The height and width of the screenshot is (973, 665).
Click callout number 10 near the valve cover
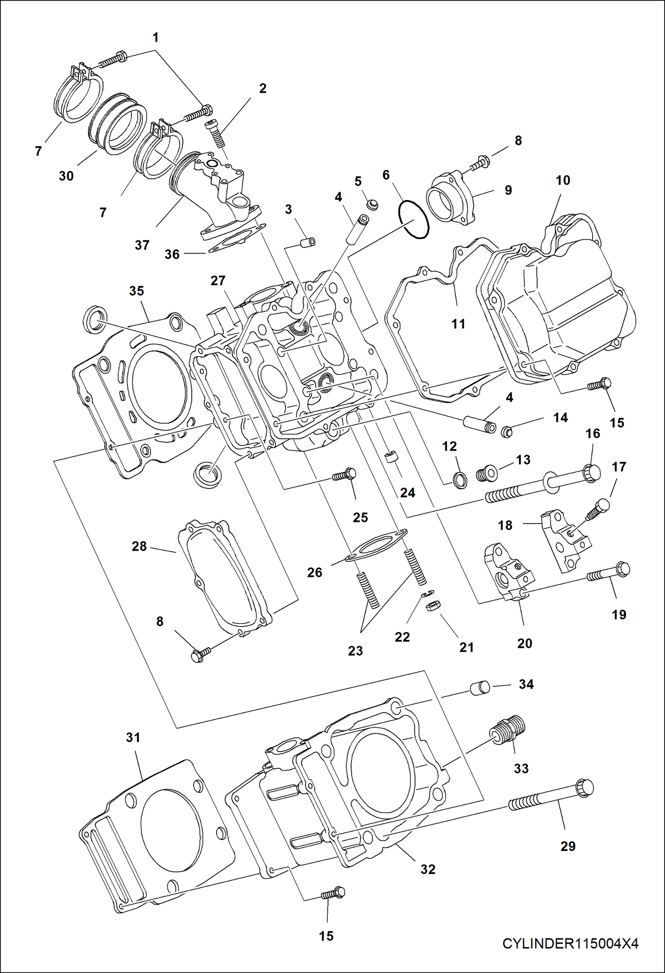pos(562,181)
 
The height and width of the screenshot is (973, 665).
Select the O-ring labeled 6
pos(414,219)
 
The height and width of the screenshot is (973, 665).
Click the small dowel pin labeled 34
pos(480,688)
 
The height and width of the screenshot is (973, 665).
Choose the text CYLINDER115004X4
pos(570,943)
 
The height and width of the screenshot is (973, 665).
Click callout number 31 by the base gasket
pos(133,737)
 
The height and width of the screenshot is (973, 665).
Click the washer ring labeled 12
pos(460,480)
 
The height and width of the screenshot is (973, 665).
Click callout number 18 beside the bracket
pos(505,525)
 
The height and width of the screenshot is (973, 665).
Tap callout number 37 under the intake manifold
pos(142,245)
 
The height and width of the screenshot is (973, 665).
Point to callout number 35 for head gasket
pos(136,291)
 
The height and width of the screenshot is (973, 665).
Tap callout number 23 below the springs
pos(355,651)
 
